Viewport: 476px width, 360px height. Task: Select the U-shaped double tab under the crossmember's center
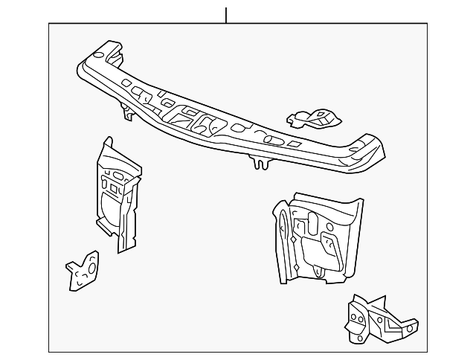pos(260,162)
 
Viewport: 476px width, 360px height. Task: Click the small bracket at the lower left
pos(82,271)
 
